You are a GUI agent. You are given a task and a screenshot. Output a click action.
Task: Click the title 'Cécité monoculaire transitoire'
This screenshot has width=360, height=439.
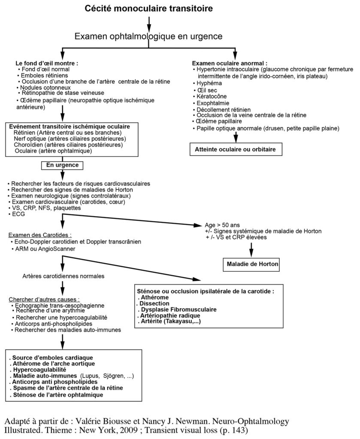coord(148,9)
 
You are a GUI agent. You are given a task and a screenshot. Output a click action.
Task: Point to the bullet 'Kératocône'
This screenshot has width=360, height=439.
coord(212,96)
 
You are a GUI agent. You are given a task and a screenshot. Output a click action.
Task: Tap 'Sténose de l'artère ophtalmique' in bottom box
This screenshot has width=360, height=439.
coord(57,394)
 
